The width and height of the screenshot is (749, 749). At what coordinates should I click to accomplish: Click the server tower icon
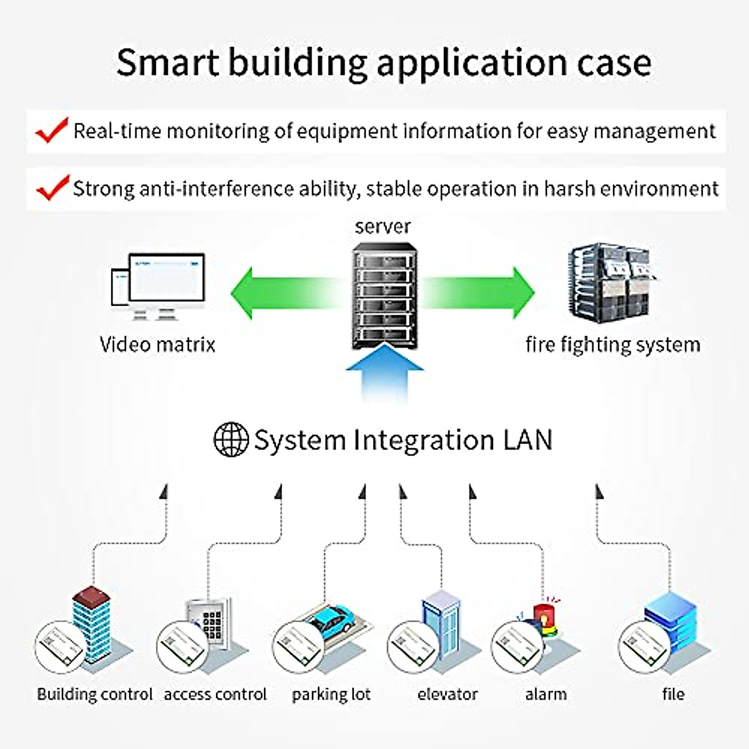click(384, 295)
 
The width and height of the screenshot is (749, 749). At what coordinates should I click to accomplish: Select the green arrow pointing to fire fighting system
click(479, 293)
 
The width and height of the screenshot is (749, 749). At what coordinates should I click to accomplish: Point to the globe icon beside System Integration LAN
click(232, 439)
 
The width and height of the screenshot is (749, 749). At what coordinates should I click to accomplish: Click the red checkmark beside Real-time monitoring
click(52, 130)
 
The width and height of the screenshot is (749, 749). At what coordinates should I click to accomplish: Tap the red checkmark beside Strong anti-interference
click(53, 188)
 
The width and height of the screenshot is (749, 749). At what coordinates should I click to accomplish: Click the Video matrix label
click(157, 345)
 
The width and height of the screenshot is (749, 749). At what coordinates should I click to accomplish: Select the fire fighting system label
click(613, 345)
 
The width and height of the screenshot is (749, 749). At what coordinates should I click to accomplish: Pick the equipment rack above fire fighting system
click(611, 283)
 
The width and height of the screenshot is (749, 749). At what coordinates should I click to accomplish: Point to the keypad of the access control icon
click(212, 625)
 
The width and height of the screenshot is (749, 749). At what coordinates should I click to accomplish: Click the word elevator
click(448, 694)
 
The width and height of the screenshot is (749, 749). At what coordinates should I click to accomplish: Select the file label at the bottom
click(673, 693)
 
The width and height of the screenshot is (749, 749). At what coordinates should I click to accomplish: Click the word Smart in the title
click(168, 62)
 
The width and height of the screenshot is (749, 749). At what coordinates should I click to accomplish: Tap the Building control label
click(95, 694)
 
